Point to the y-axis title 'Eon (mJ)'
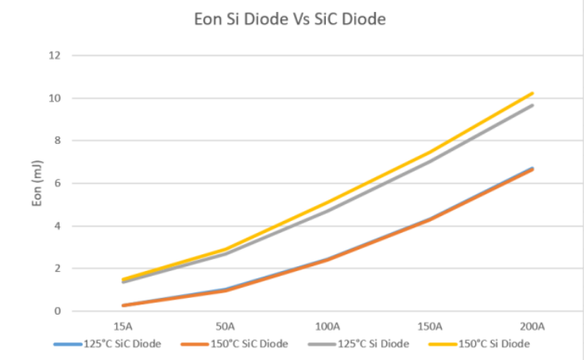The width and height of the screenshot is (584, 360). click(37, 184)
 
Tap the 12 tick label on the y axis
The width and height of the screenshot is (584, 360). click(55, 56)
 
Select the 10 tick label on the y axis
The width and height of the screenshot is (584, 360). click(55, 99)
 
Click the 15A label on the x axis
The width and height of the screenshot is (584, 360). click(123, 326)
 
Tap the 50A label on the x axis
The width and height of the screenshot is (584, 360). click(226, 326)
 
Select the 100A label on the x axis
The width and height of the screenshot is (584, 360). click(327, 326)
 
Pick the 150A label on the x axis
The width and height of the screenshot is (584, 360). click(430, 326)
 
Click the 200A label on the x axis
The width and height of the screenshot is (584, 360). click(532, 326)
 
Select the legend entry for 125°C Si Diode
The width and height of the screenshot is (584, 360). click(360, 343)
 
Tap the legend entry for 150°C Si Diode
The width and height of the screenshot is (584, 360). click(478, 343)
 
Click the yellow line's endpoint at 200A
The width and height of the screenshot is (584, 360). click(532, 94)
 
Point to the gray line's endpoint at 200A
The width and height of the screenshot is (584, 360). click(532, 105)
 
